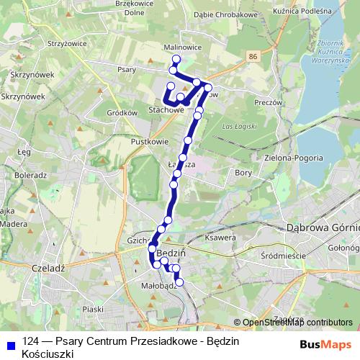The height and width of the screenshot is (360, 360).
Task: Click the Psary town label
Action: click(126, 71)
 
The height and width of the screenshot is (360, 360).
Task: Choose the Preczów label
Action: click(268, 103)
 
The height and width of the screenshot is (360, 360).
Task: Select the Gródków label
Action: click(122, 113)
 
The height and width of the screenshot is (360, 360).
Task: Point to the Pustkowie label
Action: click(149, 142)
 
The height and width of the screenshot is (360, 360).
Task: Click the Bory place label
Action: click(243, 173)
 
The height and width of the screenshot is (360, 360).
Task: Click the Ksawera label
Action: click(221, 238)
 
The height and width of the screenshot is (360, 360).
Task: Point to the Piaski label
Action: click(93, 309)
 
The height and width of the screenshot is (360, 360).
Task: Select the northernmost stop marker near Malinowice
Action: click(176, 59)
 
